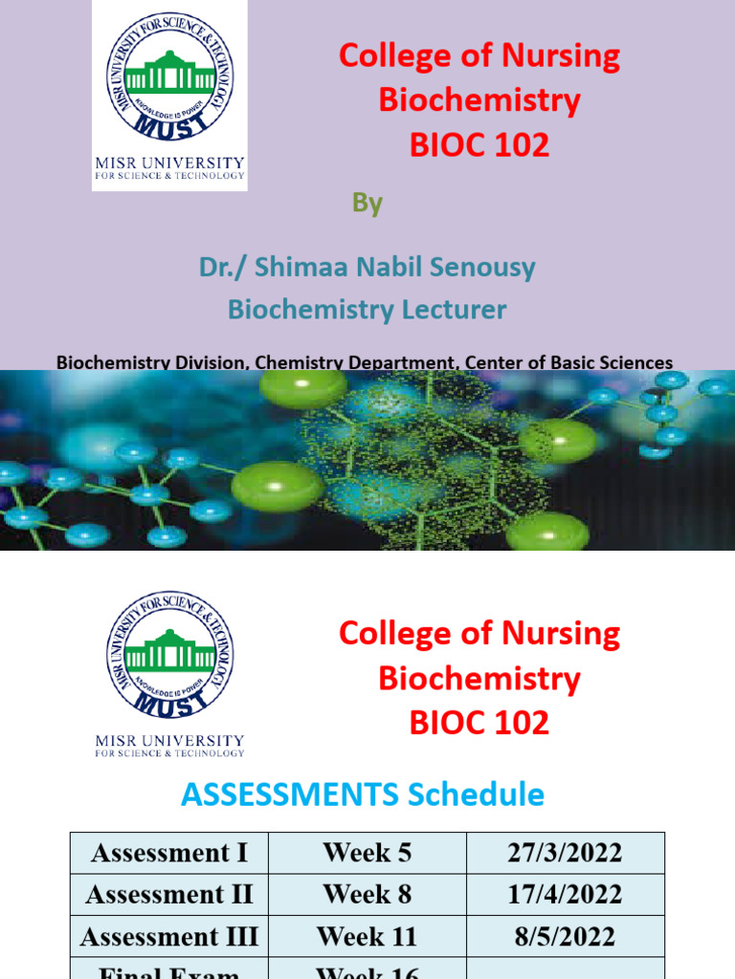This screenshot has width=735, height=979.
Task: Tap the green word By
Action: click(367, 203)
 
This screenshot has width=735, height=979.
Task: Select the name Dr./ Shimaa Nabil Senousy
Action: click(367, 267)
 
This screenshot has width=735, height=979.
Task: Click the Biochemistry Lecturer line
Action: click(367, 310)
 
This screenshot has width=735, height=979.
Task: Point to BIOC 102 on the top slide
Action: click(479, 145)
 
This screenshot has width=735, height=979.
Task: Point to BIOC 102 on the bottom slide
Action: click(479, 722)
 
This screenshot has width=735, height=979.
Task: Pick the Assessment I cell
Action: click(169, 853)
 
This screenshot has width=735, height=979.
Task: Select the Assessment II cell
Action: click(169, 895)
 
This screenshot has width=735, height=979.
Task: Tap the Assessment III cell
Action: click(169, 937)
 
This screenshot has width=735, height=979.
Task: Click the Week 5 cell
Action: click(367, 853)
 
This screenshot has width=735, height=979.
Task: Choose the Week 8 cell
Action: click(367, 895)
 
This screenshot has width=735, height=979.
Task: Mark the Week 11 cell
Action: click(367, 937)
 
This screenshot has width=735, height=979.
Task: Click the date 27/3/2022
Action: click(566, 853)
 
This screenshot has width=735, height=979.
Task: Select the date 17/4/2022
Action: click(566, 895)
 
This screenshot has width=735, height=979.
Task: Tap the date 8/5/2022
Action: click(566, 937)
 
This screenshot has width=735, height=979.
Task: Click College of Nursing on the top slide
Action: click(479, 56)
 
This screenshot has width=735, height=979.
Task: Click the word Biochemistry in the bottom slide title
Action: click(479, 678)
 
